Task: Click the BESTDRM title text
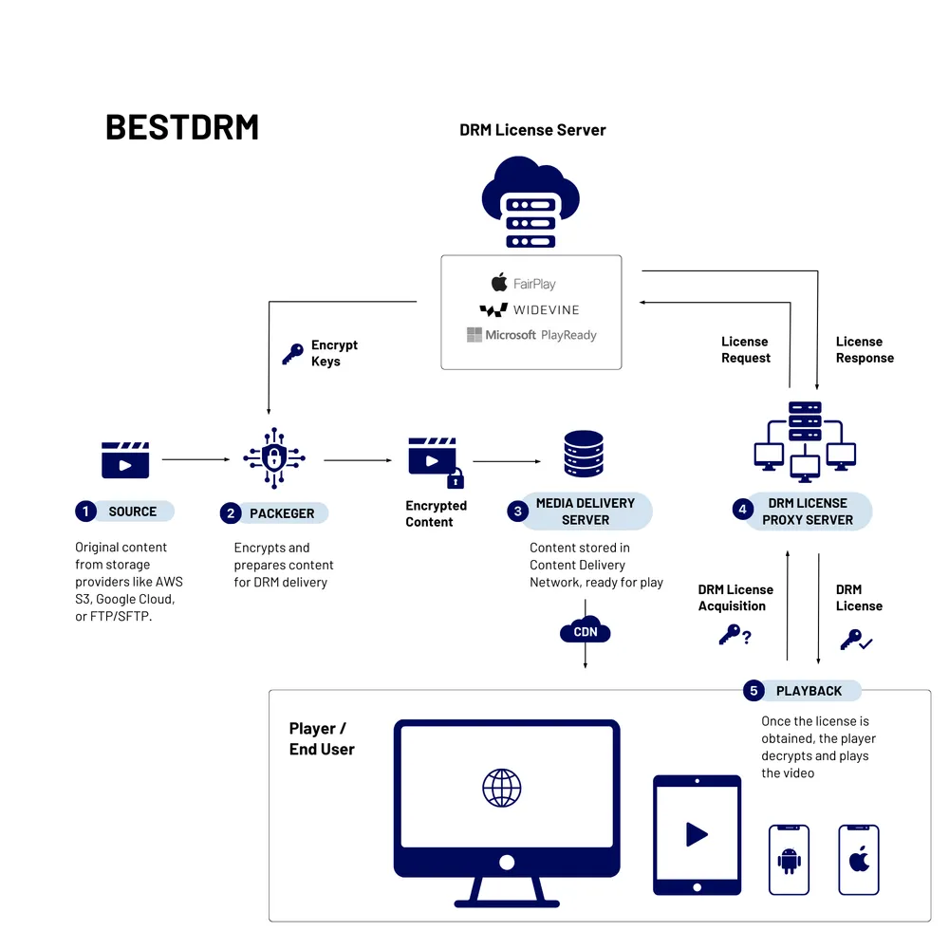(x=181, y=127)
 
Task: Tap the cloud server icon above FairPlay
(x=530, y=201)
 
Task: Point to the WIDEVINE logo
(x=529, y=309)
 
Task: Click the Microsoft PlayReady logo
(x=531, y=335)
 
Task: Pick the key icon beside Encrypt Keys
(x=292, y=355)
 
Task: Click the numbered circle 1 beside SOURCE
(x=86, y=512)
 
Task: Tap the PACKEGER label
(x=282, y=513)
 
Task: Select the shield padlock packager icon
(x=274, y=459)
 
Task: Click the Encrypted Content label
(x=436, y=513)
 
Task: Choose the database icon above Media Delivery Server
(x=583, y=455)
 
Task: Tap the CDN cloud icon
(x=585, y=631)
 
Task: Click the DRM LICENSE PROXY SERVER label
(x=808, y=512)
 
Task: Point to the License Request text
(x=745, y=349)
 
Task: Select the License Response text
(x=865, y=349)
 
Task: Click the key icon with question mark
(x=734, y=636)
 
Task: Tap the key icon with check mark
(x=855, y=641)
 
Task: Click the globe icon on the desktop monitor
(x=502, y=788)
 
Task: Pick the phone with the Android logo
(x=789, y=860)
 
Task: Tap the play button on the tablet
(x=697, y=834)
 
